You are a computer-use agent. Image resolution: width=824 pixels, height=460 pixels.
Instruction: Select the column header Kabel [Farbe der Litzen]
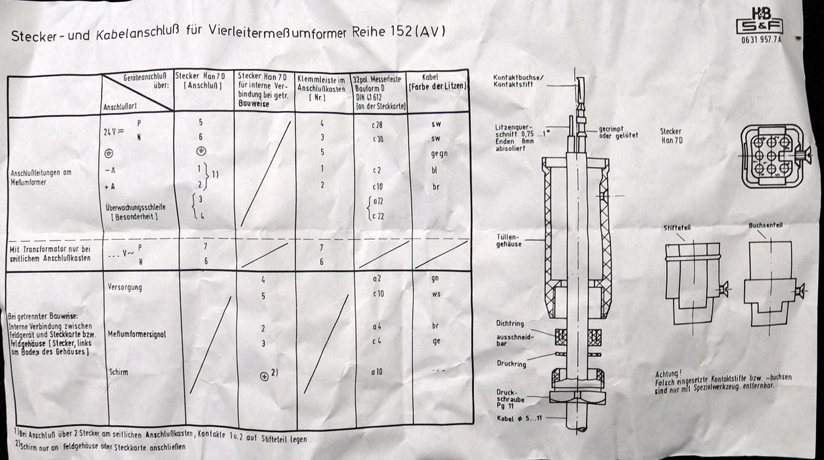[x=437, y=81]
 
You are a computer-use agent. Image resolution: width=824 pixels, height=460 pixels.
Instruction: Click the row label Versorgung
[x=125, y=288]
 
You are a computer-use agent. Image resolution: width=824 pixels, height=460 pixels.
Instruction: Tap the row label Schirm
[x=118, y=372]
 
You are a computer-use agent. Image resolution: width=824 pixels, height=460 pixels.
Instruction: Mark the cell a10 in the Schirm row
[x=377, y=372]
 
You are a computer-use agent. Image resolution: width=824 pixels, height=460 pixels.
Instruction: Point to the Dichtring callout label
[x=510, y=323]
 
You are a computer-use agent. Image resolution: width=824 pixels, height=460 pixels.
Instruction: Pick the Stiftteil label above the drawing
[x=677, y=227]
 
